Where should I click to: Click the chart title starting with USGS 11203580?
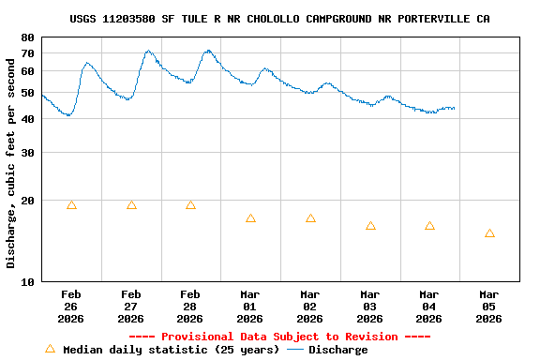pyautogui.click(x=279, y=19)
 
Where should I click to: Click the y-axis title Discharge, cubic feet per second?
pyautogui.click(x=11, y=159)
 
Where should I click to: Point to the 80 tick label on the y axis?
pyautogui.click(x=27, y=37)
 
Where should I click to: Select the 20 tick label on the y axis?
pyautogui.click(x=27, y=201)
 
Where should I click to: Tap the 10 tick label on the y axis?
pyautogui.click(x=27, y=281)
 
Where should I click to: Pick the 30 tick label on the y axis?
pyautogui.click(x=27, y=153)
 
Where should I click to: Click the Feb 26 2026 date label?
pyautogui.click(x=71, y=307)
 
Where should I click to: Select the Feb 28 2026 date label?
pyautogui.click(x=190, y=307)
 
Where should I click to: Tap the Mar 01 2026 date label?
pyautogui.click(x=250, y=307)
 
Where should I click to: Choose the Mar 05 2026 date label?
pyautogui.click(x=488, y=307)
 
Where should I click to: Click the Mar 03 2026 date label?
pyautogui.click(x=369, y=307)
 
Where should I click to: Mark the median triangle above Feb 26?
pyautogui.click(x=71, y=205)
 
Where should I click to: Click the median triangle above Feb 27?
pyautogui.click(x=131, y=205)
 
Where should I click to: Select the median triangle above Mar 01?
pyautogui.click(x=250, y=218)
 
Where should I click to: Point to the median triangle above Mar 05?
pyautogui.click(x=489, y=233)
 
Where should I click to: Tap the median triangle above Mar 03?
pyautogui.click(x=370, y=226)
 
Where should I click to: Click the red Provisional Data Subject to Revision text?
pyautogui.click(x=279, y=337)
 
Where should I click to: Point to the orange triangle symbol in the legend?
pyautogui.click(x=51, y=349)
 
